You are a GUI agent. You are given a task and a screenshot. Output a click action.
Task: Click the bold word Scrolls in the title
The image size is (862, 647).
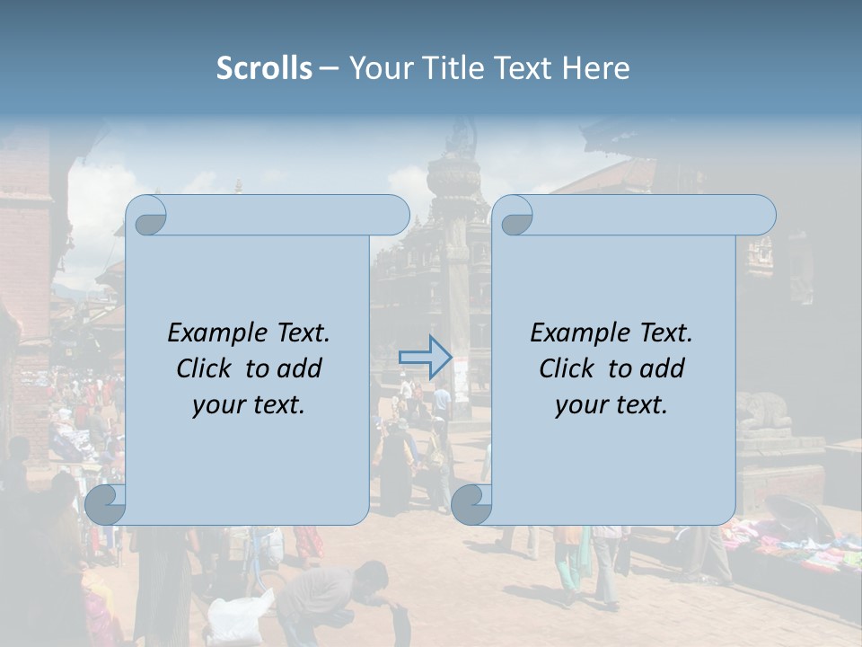coord(265,68)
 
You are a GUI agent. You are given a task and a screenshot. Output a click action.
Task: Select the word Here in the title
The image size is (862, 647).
coord(597,68)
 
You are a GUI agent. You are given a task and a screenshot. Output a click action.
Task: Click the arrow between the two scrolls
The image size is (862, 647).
coord(425,357)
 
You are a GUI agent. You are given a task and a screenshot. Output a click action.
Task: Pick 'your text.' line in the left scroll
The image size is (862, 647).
coord(249,404)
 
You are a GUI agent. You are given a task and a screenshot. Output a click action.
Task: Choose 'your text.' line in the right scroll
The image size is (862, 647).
coord(611,404)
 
